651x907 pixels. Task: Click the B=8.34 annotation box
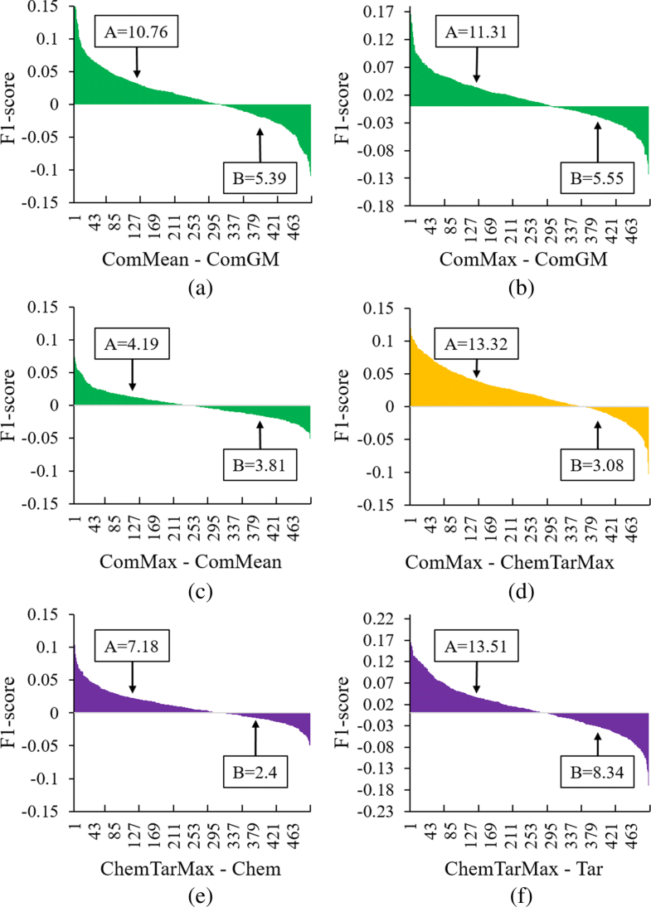tap(597, 784)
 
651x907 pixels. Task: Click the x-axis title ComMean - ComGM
tap(190, 261)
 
